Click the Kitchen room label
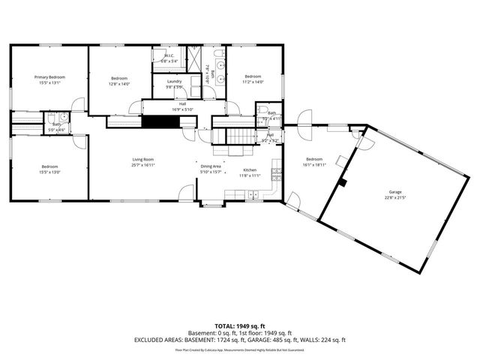[250, 169]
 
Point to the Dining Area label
[211, 166]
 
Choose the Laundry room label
[175, 81]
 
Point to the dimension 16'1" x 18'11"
[314, 165]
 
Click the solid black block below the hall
[158, 121]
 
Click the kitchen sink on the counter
[253, 195]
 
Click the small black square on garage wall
[343, 181]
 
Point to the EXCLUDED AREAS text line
[239, 340]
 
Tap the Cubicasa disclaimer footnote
[239, 349]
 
